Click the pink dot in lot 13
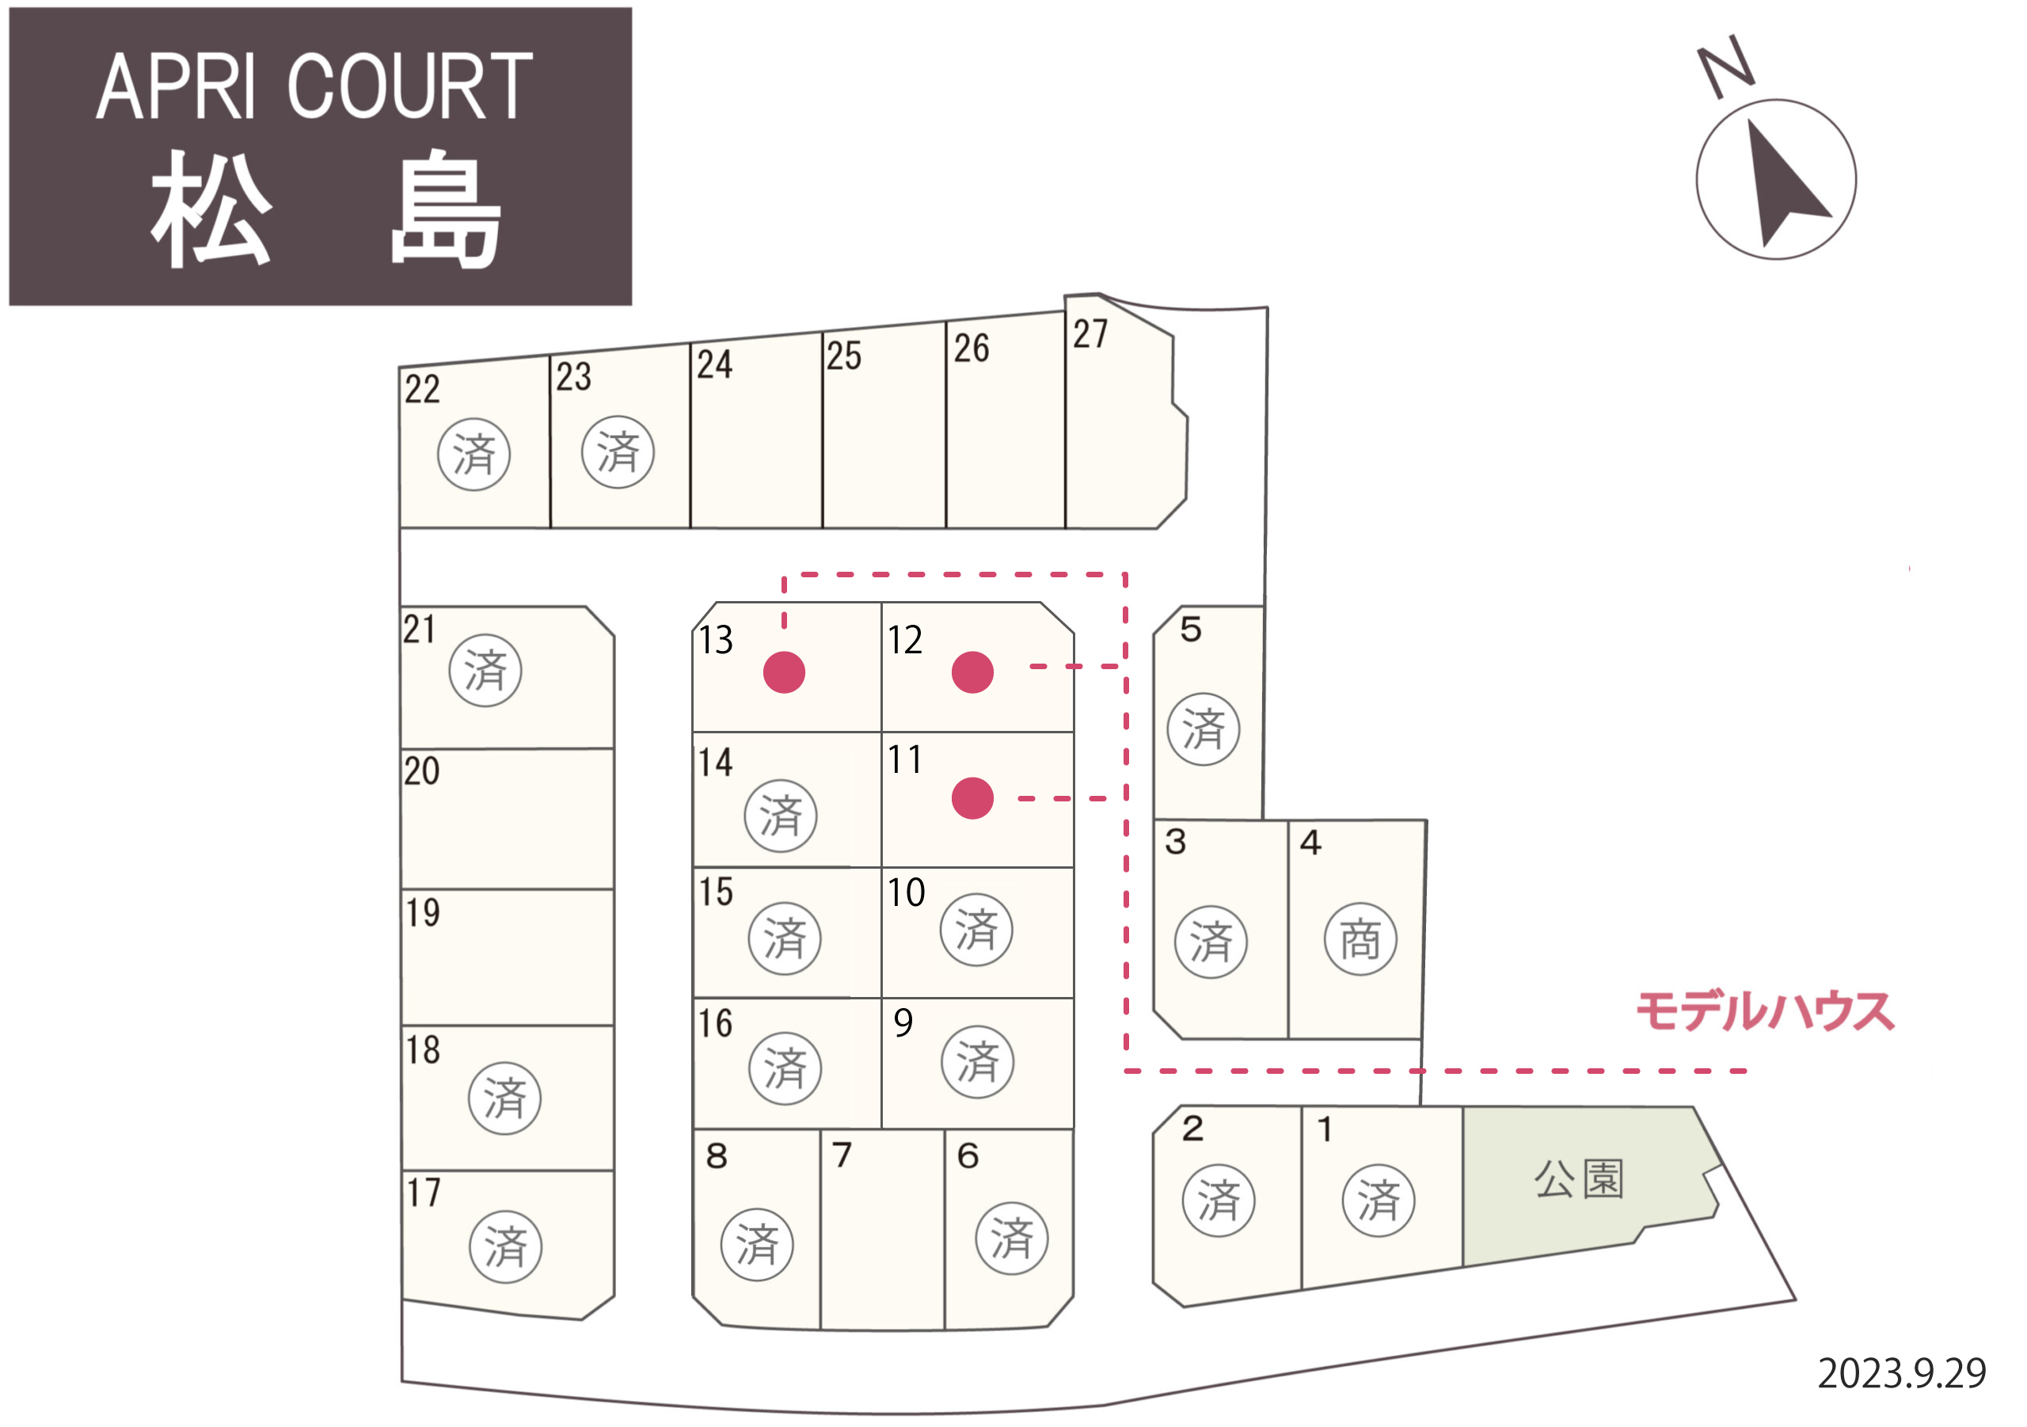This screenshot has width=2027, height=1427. pyautogui.click(x=784, y=672)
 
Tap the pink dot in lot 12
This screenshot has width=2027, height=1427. pyautogui.click(x=973, y=672)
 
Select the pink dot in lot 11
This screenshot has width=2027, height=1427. pyautogui.click(x=973, y=798)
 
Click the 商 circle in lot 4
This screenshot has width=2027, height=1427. pyautogui.click(x=1360, y=938)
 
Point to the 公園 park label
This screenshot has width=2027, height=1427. pyautogui.click(x=1579, y=1178)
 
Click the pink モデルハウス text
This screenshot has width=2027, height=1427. pyautogui.click(x=1766, y=1012)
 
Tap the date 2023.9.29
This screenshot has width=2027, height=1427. pyautogui.click(x=1902, y=1374)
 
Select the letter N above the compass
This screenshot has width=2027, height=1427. pyautogui.click(x=1726, y=67)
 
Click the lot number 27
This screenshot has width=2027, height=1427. pyautogui.click(x=1090, y=334)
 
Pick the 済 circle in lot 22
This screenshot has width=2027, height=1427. pyautogui.click(x=474, y=455)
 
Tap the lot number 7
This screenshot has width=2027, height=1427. pyautogui.click(x=842, y=1154)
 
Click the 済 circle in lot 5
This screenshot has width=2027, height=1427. pyautogui.click(x=1204, y=729)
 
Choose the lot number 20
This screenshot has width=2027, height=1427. pyautogui.click(x=422, y=771)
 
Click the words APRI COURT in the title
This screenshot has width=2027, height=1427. pyautogui.click(x=314, y=86)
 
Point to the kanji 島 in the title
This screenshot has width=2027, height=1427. pyautogui.click(x=446, y=209)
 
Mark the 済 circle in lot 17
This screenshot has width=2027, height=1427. pyautogui.click(x=505, y=1246)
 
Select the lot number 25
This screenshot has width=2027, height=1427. pyautogui.click(x=844, y=356)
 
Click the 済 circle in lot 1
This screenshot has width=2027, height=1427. pyautogui.click(x=1379, y=1200)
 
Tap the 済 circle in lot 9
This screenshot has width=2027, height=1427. pyautogui.click(x=977, y=1061)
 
